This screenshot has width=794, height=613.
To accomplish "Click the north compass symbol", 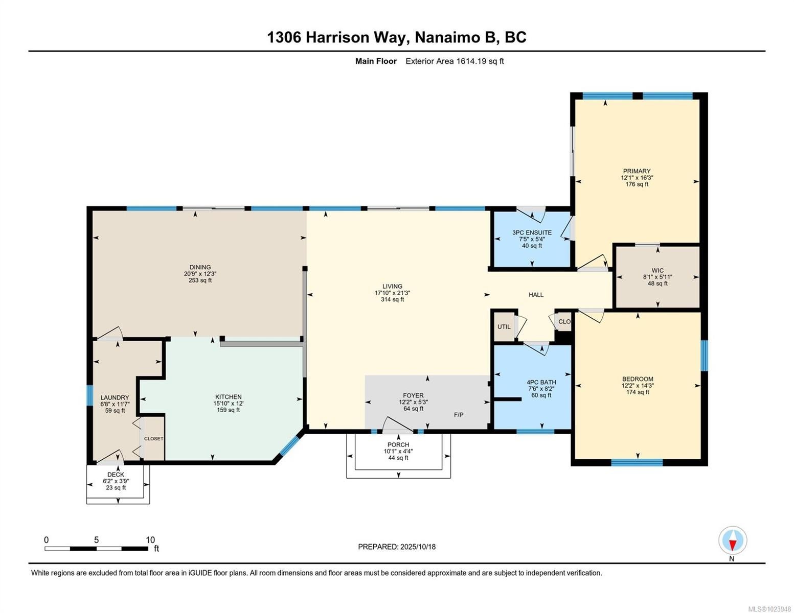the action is (x=732, y=540).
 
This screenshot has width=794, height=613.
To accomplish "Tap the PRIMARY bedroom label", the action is (x=637, y=171).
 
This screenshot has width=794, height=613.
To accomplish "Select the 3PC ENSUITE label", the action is (x=532, y=232).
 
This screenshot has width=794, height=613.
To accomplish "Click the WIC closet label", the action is (x=657, y=271).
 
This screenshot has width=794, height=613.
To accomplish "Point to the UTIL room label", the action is (x=504, y=327).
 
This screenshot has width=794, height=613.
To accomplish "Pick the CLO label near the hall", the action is (x=564, y=322).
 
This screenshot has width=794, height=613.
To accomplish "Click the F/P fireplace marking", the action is (x=459, y=414).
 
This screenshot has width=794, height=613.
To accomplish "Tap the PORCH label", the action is (x=398, y=445).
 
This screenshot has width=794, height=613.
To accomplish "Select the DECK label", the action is (x=116, y=475).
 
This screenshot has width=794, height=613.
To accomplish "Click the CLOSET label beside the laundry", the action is (x=153, y=438).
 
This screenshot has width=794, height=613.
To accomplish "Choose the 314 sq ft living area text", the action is (x=393, y=299).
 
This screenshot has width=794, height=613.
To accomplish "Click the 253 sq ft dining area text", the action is (x=200, y=280).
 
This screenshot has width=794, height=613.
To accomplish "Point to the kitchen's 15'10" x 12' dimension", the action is (x=229, y=404).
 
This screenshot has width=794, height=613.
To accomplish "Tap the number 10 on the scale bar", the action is (x=150, y=540).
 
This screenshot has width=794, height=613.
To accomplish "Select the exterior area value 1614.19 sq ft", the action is (x=480, y=61).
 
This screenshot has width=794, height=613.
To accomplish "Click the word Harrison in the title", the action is (x=337, y=37).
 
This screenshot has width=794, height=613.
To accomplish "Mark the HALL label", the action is (x=536, y=295).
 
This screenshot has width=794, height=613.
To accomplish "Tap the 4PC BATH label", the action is (x=541, y=383).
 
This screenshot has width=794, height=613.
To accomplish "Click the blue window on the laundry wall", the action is (x=89, y=395).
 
